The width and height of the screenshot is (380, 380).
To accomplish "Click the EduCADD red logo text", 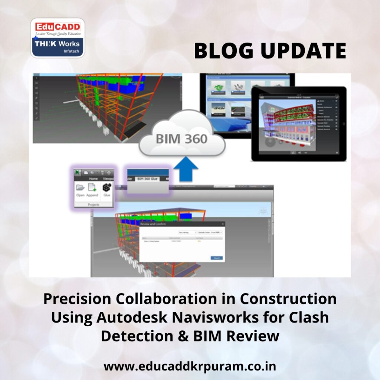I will [x=58, y=27].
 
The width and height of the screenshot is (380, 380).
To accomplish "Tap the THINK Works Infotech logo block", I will [x=57, y=46].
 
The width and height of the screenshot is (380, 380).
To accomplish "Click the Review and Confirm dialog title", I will [x=153, y=224].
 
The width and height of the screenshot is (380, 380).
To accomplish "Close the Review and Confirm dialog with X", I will [x=223, y=224].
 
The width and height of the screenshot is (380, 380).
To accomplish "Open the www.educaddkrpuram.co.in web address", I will [x=190, y=366].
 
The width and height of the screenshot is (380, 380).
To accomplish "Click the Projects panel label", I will [x=94, y=204].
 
